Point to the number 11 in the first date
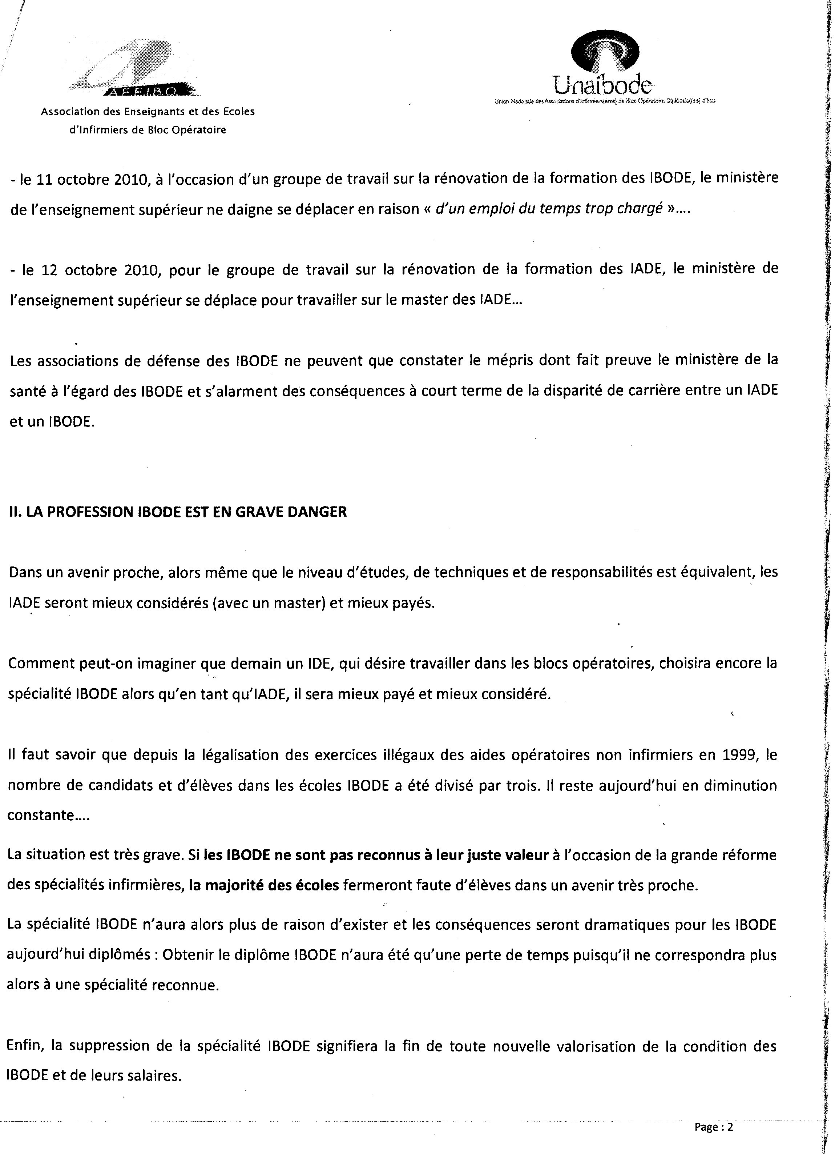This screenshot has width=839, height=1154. (x=51, y=179)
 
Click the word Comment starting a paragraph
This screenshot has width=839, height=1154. (x=43, y=664)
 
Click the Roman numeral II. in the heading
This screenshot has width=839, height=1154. (x=15, y=512)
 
